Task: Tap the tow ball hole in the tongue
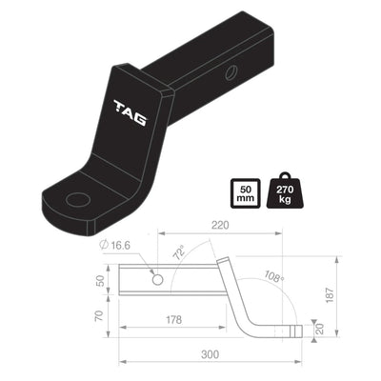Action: tap(77, 199)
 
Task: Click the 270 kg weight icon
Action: tap(285, 193)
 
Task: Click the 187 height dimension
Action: tap(356, 294)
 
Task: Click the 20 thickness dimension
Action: tap(321, 330)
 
